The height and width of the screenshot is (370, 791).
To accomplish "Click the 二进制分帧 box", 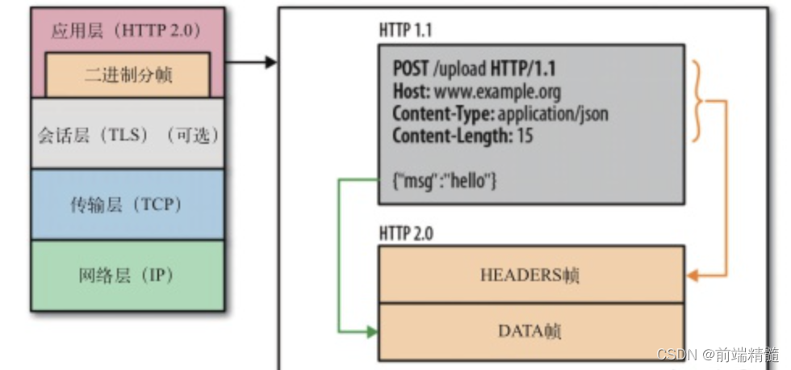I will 128,76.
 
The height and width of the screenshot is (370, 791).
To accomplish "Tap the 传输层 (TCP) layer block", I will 128,204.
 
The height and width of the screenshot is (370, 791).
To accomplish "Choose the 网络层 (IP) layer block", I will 128,275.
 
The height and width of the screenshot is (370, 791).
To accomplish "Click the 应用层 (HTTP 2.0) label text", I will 128,32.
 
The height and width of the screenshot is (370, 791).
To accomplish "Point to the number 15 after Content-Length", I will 525,136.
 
